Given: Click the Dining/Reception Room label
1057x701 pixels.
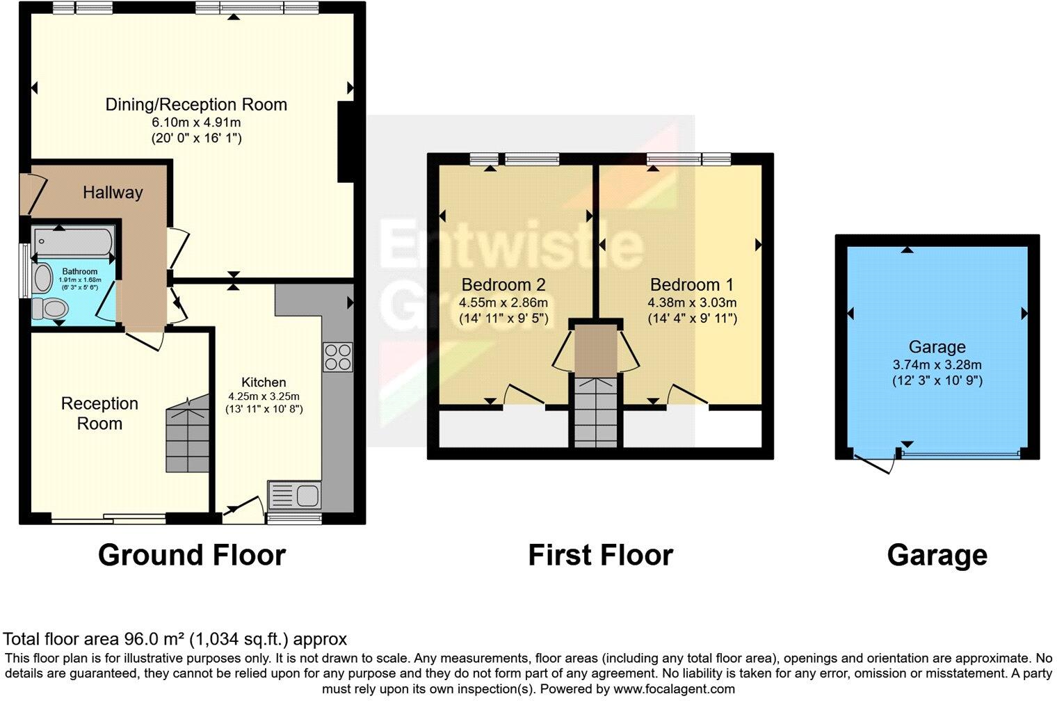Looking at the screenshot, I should tap(196, 105).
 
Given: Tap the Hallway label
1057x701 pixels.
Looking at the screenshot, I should tap(113, 193).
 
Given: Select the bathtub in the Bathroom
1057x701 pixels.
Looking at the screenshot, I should tap(73, 242).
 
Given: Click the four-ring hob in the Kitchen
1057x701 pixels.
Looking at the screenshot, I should tap(337, 357).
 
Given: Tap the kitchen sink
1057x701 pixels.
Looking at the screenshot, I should tap(294, 495).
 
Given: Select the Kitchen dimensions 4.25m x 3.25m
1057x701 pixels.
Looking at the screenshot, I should tap(264, 396).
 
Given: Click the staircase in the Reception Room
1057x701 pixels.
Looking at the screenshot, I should tap(188, 435).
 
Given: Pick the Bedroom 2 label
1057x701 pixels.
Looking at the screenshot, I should tap(503, 284).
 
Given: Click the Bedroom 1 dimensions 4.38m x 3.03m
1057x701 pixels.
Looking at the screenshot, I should tap(692, 303).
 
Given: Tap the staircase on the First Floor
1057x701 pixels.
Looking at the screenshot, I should tap(595, 412).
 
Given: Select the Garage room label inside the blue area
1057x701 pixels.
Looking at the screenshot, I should tap(937, 347).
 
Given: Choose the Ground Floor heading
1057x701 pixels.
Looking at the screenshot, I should tap(191, 555).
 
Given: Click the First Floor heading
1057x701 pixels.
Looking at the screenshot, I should tap(600, 555).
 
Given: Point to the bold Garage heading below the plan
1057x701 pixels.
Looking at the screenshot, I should tap(937, 555).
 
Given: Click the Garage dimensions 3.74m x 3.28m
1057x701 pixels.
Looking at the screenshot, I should tap(937, 364).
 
